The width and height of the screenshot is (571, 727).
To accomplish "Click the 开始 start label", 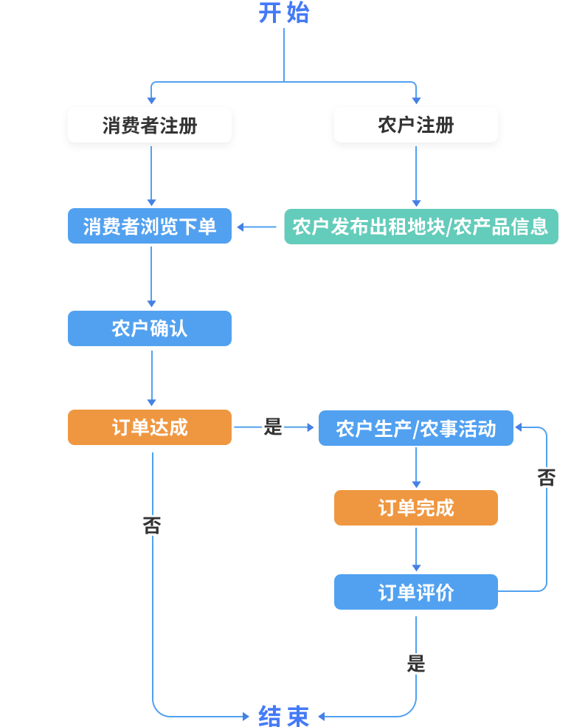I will click(284, 13).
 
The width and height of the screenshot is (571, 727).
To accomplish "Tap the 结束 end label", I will click(284, 715).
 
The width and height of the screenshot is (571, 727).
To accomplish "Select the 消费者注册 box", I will click(150, 125).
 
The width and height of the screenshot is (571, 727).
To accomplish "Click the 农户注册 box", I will click(416, 125).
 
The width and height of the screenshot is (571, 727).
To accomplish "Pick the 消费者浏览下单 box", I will click(150, 226).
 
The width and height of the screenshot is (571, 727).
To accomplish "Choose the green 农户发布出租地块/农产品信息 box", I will click(421, 226).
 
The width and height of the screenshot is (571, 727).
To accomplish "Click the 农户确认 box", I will click(150, 328).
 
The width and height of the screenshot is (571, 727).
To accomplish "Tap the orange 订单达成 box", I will click(150, 427).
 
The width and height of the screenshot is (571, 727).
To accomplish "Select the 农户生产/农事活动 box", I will click(416, 428).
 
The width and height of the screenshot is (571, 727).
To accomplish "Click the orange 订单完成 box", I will click(416, 508).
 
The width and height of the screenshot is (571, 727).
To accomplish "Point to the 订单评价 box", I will click(416, 592).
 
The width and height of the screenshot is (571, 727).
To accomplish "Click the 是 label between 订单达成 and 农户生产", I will click(273, 427).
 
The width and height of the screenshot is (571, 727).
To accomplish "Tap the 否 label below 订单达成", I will click(152, 526).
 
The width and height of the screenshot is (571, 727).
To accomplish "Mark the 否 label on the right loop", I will click(546, 478).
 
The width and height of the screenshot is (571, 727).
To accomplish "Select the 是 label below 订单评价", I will click(416, 664).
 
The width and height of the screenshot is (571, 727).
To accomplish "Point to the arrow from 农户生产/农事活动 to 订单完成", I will click(416, 467).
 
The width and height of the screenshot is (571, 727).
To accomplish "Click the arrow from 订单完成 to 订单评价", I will click(416, 550).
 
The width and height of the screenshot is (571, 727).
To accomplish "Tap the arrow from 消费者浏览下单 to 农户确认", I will click(151, 277).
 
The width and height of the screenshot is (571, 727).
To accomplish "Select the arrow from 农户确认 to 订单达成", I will click(151, 377).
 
